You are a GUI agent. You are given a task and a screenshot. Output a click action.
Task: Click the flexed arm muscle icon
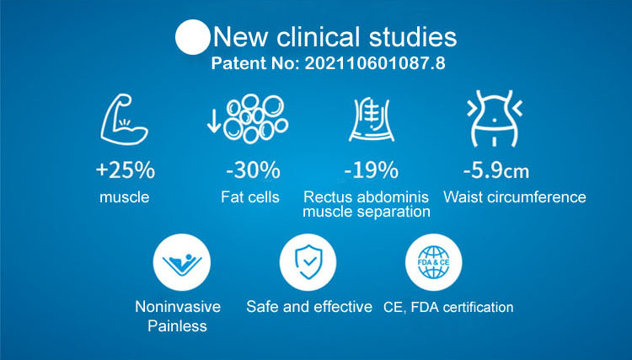(124, 120)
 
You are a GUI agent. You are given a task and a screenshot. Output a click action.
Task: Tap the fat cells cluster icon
(256, 119)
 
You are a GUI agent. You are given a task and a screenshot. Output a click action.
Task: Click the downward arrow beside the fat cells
(214, 119)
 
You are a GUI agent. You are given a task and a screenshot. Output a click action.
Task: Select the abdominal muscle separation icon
(372, 120)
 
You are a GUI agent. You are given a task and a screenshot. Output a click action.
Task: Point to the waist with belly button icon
(495, 119)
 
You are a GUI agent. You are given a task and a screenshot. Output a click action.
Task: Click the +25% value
(126, 170)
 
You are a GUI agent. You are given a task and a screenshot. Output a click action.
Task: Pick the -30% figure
(253, 170)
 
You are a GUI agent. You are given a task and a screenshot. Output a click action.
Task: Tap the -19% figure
(372, 170)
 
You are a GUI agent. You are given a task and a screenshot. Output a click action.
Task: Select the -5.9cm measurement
(496, 171)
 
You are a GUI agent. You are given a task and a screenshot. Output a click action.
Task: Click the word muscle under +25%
(125, 197)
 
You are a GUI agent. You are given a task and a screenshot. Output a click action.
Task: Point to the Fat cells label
(250, 196)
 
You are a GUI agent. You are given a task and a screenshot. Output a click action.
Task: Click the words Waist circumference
(515, 196)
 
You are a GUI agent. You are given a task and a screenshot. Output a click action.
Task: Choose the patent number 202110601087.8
(375, 63)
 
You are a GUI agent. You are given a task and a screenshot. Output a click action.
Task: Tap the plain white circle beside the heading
(193, 37)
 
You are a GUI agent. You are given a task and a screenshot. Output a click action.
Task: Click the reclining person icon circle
(182, 262)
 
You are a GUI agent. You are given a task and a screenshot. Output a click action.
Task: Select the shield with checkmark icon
(308, 262)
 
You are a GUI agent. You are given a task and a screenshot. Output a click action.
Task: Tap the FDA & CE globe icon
(434, 262)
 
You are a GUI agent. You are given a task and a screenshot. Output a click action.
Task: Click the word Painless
(177, 325)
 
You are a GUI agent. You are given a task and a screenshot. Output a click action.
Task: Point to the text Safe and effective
(309, 307)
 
